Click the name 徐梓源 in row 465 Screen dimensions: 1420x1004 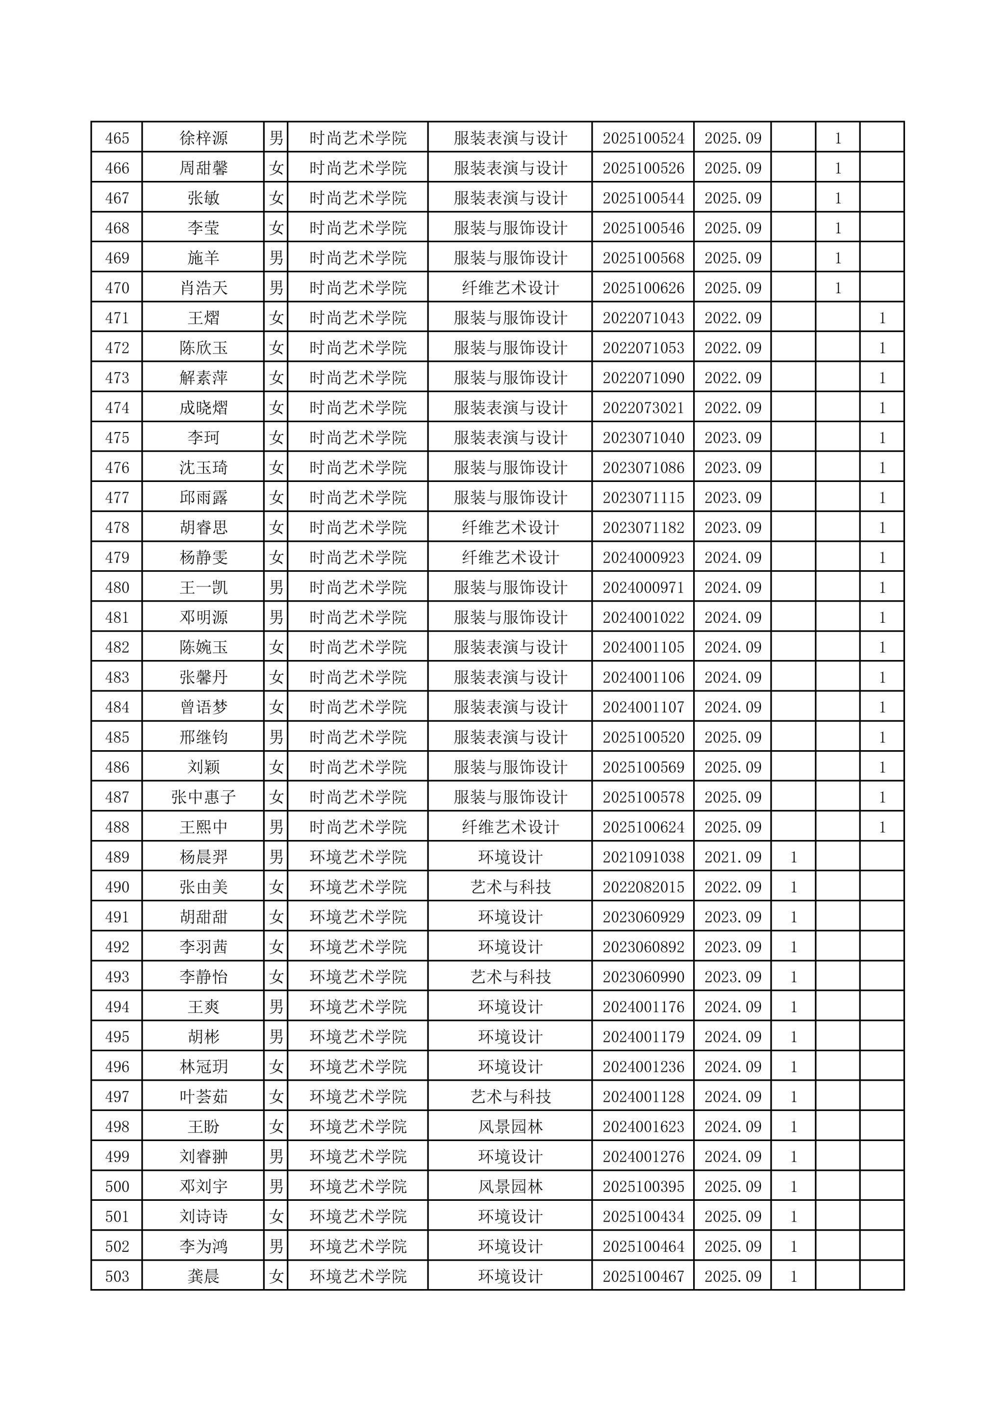203,138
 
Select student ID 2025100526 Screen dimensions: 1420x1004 643,168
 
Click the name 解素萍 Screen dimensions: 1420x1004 203,378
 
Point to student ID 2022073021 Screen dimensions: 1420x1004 643,408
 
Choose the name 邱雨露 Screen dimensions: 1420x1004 203,498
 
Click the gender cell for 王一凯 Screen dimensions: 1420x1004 276,587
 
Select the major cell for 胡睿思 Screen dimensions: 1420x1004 510,528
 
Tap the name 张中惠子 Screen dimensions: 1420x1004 203,797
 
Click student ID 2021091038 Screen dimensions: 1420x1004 643,857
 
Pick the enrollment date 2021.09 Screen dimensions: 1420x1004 732,857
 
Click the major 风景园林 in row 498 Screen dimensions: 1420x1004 510,1127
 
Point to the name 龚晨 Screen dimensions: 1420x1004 203,1276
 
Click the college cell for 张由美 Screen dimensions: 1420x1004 358,887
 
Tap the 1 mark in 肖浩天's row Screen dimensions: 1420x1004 838,288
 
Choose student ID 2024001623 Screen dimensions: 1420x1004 643,1127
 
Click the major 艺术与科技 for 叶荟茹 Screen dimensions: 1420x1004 510,1096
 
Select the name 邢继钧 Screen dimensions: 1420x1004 203,737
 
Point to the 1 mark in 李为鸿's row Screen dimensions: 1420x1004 794,1246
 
